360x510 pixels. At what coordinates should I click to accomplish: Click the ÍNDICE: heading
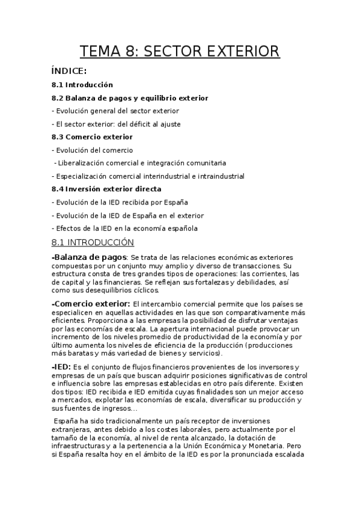69,72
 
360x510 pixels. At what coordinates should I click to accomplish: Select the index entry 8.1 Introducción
82,85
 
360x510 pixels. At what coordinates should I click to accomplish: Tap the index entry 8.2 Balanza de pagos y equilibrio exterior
130,97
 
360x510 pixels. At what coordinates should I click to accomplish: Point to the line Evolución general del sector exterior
115,111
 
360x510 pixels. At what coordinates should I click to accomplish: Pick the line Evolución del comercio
93,150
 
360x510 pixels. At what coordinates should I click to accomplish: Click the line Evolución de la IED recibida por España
120,202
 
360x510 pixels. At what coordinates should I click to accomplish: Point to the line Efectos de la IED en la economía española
125,228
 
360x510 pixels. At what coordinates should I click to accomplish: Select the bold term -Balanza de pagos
89,258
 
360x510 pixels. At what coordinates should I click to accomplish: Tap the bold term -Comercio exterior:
91,304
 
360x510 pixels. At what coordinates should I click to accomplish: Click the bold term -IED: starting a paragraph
61,366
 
